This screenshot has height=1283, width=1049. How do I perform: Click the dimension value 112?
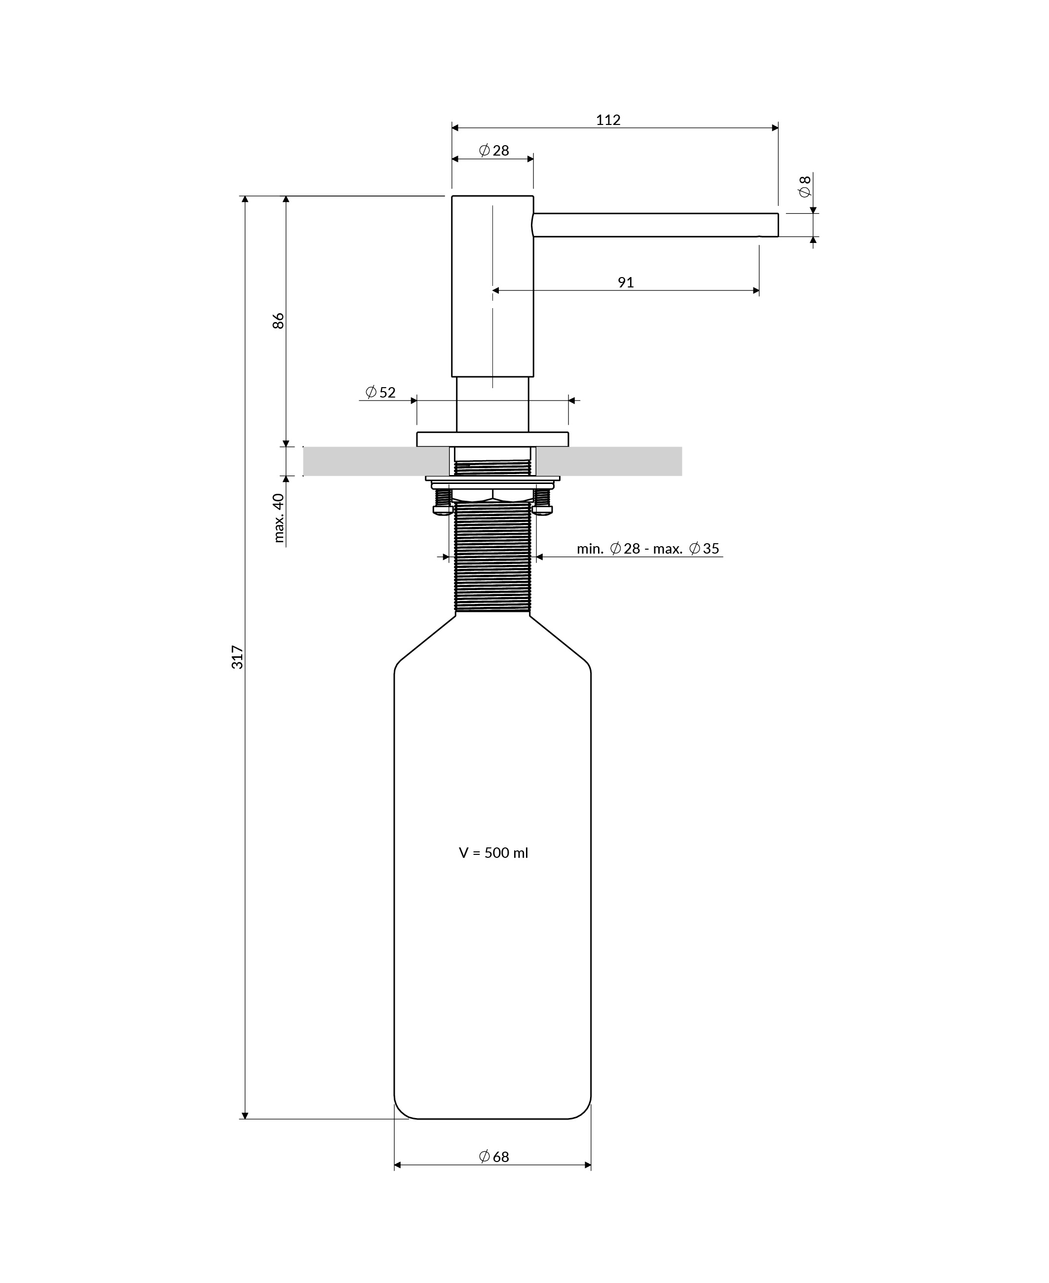click(x=608, y=120)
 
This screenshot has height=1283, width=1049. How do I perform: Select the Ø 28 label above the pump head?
click(x=494, y=151)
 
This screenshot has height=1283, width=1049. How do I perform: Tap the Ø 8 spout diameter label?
click(x=804, y=186)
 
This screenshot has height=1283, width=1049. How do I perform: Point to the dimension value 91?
click(x=626, y=282)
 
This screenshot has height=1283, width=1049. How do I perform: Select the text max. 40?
click(x=279, y=518)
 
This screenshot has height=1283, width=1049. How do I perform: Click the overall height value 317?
click(x=237, y=657)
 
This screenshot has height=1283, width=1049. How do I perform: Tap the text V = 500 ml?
click(x=493, y=852)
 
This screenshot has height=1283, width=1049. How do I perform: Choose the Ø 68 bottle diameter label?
click(x=494, y=1157)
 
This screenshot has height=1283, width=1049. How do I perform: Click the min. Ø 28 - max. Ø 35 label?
click(x=648, y=548)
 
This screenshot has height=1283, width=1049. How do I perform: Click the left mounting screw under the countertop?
click(x=443, y=502)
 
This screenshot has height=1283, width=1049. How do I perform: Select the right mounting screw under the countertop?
click(x=542, y=502)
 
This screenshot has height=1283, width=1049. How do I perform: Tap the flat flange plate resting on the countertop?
click(x=492, y=439)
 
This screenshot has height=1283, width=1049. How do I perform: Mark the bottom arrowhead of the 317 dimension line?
click(x=245, y=1115)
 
